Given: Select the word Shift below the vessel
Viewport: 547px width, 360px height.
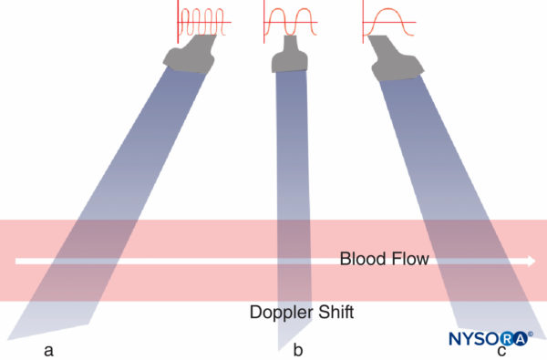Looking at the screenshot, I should (334, 313).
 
